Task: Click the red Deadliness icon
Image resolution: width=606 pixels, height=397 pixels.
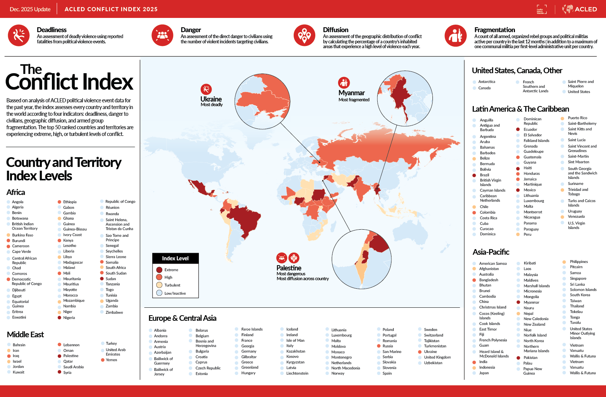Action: (x=19, y=35)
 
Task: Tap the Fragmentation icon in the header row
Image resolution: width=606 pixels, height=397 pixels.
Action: (x=455, y=35)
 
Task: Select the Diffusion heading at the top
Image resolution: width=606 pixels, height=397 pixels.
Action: (x=335, y=30)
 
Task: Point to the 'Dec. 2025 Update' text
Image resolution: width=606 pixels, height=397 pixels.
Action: (x=30, y=9)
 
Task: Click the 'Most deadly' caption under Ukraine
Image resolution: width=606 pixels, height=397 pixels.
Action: (x=212, y=105)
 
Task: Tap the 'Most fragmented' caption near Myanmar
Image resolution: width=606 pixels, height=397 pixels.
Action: (x=354, y=100)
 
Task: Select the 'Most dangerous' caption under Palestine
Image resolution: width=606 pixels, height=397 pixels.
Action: (x=291, y=274)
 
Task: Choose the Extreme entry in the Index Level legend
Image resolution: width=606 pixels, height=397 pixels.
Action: (x=171, y=270)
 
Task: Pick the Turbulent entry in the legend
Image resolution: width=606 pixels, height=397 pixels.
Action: (x=172, y=285)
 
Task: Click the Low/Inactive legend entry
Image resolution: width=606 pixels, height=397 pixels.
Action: (x=175, y=293)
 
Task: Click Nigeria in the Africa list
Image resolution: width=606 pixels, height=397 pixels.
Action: (x=69, y=318)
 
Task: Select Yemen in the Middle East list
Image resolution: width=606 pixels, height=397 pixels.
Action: (x=111, y=360)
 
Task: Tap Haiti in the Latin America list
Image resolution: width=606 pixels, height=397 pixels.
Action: (x=527, y=168)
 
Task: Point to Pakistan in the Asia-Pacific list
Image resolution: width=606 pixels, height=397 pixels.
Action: (x=530, y=358)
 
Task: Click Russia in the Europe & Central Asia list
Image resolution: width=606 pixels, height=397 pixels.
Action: (x=387, y=346)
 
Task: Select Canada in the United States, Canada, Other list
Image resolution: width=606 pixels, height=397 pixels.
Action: (x=484, y=88)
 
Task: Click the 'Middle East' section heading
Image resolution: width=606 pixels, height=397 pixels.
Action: (x=25, y=335)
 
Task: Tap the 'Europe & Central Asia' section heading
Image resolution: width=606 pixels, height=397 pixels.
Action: (x=182, y=318)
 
